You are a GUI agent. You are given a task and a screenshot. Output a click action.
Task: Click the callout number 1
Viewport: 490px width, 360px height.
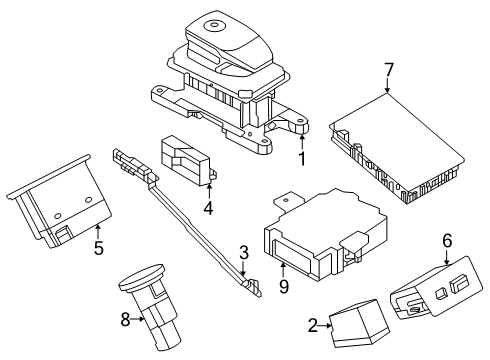tap(302, 159)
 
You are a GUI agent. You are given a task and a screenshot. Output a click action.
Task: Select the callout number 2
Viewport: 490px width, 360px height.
tap(313, 326)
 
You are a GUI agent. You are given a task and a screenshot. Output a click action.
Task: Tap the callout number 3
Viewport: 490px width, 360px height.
tap(244, 253)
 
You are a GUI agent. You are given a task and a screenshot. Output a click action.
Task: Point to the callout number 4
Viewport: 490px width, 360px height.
tap(208, 208)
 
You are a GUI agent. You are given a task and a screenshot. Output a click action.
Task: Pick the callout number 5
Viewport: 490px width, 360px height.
tap(98, 248)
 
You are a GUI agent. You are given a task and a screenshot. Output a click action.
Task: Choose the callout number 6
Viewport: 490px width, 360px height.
tap(447, 240)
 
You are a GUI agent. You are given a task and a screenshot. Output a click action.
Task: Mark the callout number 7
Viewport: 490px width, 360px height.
tap(388, 70)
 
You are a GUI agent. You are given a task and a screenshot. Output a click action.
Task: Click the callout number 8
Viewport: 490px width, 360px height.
tap(125, 320)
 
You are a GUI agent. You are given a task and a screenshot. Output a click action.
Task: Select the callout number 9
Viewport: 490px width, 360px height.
tap(283, 287)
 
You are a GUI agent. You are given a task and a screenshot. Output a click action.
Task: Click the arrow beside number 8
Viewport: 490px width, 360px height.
tap(137, 319)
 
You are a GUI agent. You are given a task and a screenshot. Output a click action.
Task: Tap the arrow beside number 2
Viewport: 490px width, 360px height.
tap(325, 326)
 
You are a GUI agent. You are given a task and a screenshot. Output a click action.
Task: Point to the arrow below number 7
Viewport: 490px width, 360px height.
tap(387, 85)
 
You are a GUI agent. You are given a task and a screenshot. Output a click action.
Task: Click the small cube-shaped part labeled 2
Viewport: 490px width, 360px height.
tap(359, 323)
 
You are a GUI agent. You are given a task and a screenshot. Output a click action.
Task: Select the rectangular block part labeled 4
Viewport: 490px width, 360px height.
tap(188, 160)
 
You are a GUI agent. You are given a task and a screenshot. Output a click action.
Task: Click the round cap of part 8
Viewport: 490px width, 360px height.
tap(142, 276)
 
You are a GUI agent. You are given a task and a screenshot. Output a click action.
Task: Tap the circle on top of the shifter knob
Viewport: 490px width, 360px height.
tap(212, 25)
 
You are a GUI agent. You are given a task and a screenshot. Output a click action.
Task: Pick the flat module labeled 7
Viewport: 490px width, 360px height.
tap(397, 149)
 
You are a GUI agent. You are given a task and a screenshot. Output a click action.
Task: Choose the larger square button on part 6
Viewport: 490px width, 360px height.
tap(458, 284)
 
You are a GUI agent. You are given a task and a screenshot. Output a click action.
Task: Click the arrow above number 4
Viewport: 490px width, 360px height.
tap(209, 192)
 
